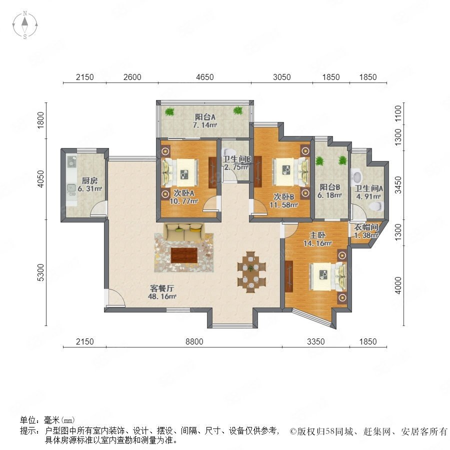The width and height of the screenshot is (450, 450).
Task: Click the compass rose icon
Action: (25, 25)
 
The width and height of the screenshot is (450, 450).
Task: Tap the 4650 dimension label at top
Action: (205, 77)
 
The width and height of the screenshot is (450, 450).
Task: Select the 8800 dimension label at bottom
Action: (194, 341)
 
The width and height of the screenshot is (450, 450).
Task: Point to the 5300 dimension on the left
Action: (41, 272)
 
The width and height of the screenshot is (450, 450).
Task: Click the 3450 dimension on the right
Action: (398, 185)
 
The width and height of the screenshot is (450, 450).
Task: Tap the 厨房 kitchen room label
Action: (89, 180)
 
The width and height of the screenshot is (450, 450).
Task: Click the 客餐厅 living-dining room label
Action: (162, 288)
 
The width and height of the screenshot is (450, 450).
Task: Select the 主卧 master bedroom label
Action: (317, 235)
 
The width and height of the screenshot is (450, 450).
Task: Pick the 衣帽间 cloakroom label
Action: (366, 227)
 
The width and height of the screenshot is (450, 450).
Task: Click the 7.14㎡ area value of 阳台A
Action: (204, 125)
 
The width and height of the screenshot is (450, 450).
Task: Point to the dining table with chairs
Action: (251, 272)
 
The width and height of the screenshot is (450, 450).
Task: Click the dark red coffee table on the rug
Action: (184, 255)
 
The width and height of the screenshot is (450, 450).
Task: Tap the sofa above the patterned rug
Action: (184, 232)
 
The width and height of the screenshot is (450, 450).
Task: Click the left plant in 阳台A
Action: (169, 111)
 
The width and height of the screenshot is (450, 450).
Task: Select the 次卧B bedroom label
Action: (283, 196)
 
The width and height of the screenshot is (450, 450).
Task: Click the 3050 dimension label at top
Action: (282, 77)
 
